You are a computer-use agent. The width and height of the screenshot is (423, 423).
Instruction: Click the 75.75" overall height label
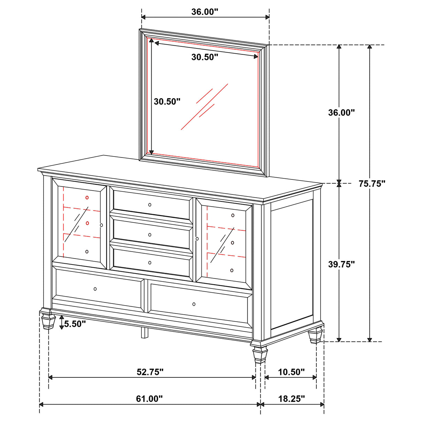click(372, 184)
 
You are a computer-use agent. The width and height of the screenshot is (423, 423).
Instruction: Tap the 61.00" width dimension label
click(149, 399)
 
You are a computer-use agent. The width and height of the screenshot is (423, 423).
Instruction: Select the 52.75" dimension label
click(150, 372)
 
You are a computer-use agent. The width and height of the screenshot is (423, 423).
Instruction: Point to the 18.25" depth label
click(291, 399)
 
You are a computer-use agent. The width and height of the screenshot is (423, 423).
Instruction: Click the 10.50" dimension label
click(291, 372)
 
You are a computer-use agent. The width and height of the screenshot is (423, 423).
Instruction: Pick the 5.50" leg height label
click(75, 324)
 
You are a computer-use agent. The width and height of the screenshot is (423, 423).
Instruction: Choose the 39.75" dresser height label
click(341, 264)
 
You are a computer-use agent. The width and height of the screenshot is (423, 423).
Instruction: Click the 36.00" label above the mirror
click(205, 11)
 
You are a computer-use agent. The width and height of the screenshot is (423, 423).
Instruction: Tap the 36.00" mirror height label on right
click(341, 112)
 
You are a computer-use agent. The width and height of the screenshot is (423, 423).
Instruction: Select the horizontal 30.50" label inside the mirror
click(205, 57)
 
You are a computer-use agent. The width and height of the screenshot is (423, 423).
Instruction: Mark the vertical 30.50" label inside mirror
click(167, 101)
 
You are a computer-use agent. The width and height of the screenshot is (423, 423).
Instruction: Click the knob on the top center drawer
click(150, 205)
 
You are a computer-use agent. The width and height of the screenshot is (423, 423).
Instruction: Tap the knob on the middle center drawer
click(150, 235)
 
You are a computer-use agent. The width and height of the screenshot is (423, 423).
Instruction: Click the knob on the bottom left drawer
click(95, 289)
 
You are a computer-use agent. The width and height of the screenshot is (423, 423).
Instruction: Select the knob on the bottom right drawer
click(194, 304)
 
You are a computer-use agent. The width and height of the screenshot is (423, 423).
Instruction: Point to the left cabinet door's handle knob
click(101, 225)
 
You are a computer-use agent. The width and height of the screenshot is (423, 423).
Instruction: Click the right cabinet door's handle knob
click(197, 239)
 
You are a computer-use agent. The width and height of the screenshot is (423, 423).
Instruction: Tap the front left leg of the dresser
click(48, 320)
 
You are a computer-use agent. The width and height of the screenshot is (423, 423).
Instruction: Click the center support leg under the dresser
click(144, 333)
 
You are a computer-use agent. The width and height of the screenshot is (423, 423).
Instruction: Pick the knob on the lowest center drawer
click(150, 263)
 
